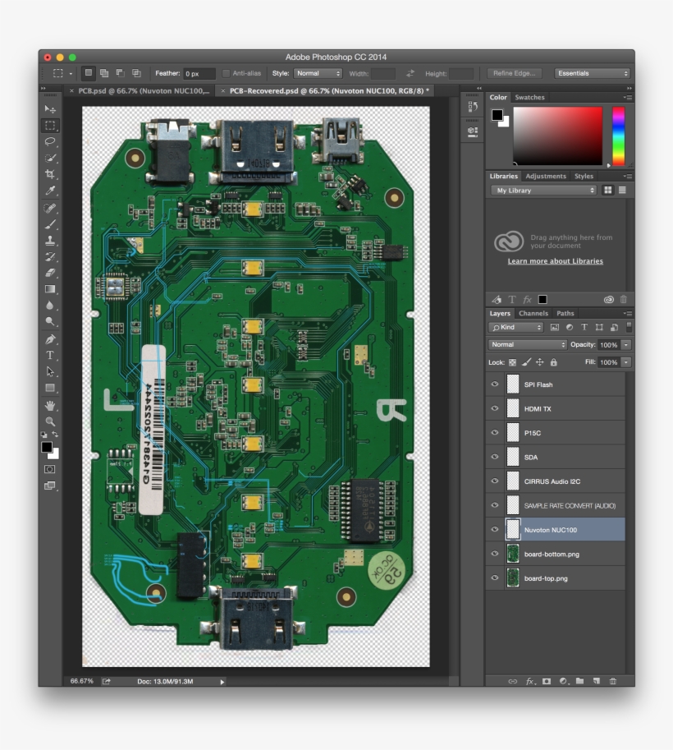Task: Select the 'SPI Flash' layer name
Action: tap(538, 384)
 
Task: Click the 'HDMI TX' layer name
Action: tap(538, 409)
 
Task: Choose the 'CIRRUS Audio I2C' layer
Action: tap(552, 481)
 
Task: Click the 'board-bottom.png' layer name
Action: tap(552, 554)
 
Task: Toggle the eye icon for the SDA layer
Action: tap(494, 457)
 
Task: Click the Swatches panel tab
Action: tap(529, 98)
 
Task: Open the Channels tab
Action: tap(533, 313)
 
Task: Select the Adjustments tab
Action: tap(546, 176)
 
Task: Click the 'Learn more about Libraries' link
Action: tap(555, 261)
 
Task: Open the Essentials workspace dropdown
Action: tap(593, 73)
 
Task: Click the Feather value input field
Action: tap(199, 73)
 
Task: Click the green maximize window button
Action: tap(72, 57)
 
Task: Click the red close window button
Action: tap(48, 57)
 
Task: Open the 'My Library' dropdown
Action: tap(544, 191)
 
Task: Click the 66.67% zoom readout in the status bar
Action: tap(81, 681)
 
